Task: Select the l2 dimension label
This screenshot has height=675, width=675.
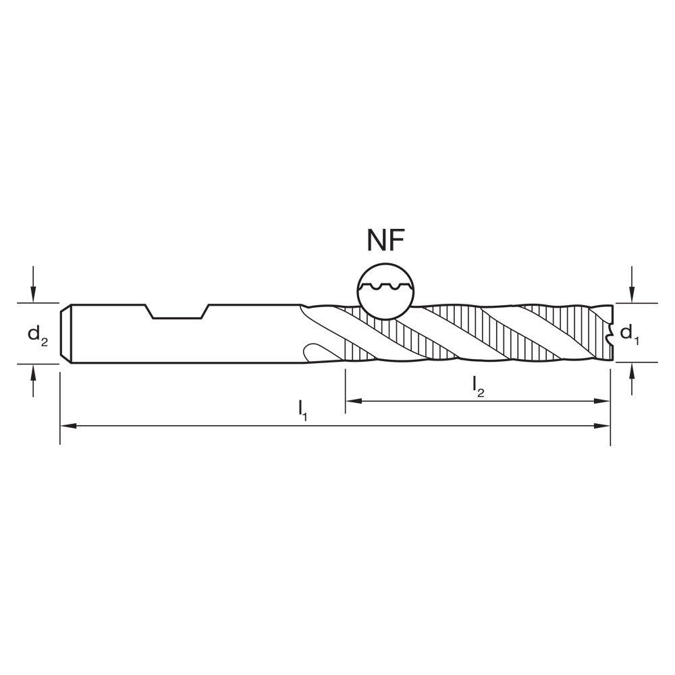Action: (479, 385)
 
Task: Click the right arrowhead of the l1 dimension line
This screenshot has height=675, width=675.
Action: (605, 426)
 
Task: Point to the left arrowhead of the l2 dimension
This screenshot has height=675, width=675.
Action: (352, 401)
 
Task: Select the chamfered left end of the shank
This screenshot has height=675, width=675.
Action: (65, 333)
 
